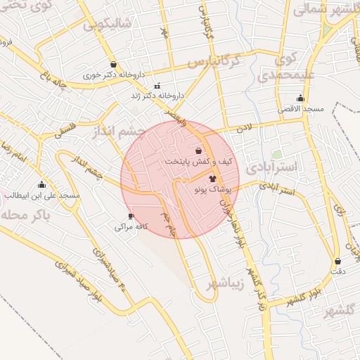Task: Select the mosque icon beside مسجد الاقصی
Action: coord(301,98)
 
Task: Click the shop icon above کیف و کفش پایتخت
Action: coord(198,150)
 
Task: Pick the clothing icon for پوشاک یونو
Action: coord(213,179)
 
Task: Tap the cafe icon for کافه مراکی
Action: coord(130,216)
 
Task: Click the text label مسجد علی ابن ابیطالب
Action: coord(42,195)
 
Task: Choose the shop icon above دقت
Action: coord(337,261)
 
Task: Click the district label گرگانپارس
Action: coord(219,61)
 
